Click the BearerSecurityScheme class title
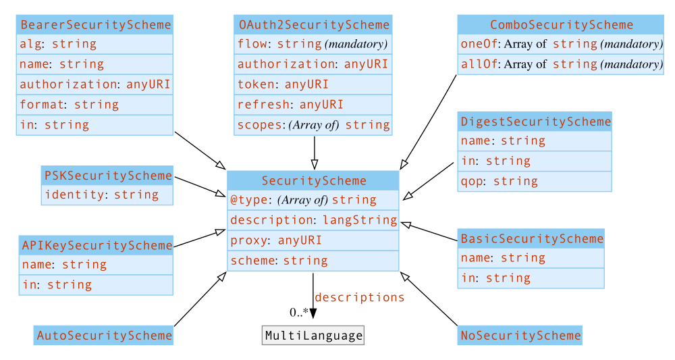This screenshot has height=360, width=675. (x=94, y=25)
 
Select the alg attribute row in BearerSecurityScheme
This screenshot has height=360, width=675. (x=94, y=45)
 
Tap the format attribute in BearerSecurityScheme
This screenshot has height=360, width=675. (x=94, y=105)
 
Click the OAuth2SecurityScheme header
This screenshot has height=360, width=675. (x=313, y=25)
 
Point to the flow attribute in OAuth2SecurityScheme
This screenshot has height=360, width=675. (x=313, y=45)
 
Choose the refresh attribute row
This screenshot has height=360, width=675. (x=313, y=105)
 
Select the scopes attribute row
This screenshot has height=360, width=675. (x=313, y=125)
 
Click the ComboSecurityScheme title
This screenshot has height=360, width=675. (x=561, y=25)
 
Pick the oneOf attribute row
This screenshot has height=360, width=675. (x=561, y=45)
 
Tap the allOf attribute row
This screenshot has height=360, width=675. (x=561, y=64)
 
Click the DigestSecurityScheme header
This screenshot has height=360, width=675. (x=535, y=122)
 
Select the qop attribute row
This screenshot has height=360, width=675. (x=535, y=182)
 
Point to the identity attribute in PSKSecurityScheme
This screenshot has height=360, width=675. (x=107, y=195)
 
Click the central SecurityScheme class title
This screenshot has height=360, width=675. (x=313, y=181)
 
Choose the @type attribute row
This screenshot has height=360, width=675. (x=313, y=201)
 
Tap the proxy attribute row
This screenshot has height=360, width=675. (x=313, y=240)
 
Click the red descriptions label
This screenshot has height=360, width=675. (x=359, y=298)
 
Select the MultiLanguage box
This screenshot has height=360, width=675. (x=313, y=336)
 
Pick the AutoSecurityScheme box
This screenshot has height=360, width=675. (x=104, y=336)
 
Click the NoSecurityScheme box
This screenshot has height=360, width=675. (x=520, y=336)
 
